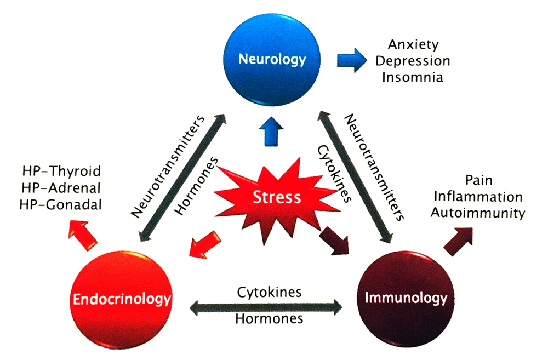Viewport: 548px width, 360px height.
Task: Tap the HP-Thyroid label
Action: click(x=61, y=171)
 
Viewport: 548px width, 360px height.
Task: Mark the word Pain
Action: click(x=477, y=180)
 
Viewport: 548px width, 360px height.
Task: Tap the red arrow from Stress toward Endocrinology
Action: click(x=205, y=243)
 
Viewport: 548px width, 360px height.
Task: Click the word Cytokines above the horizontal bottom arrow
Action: click(x=269, y=292)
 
